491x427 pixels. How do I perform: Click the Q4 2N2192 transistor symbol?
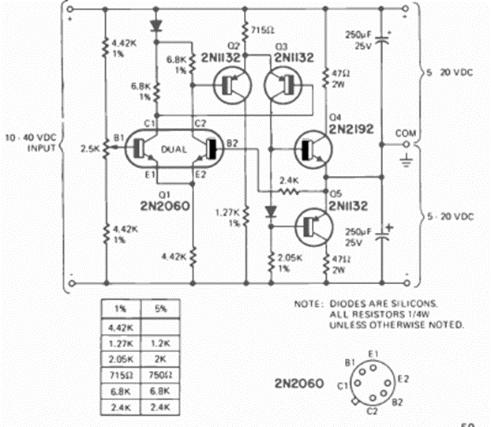pyautogui.click(x=313, y=150)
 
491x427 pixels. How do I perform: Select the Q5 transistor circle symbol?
pyautogui.click(x=314, y=227)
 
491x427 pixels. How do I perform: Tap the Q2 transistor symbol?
pyautogui.click(x=232, y=85)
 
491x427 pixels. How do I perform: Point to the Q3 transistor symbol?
pyautogui.click(x=283, y=85)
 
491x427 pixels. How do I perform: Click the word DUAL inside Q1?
pyautogui.click(x=174, y=150)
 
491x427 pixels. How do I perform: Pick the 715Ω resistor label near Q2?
pyautogui.click(x=262, y=30)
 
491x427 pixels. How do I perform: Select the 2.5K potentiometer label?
pyautogui.click(x=90, y=148)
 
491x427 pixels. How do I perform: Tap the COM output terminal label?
pyautogui.click(x=406, y=133)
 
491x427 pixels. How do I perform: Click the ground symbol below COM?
pyautogui.click(x=406, y=160)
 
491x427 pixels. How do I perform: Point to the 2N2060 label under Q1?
pyautogui.click(x=165, y=206)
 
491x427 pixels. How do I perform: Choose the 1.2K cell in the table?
pyautogui.click(x=160, y=343)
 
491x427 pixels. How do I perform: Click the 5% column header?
pyautogui.click(x=160, y=309)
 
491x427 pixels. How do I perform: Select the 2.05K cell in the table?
pyautogui.click(x=121, y=359)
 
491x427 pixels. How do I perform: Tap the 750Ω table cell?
pyautogui.click(x=160, y=375)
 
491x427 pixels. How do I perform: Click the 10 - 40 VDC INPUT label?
pyautogui.click(x=31, y=142)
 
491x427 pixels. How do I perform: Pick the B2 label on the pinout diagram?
pyautogui.click(x=397, y=402)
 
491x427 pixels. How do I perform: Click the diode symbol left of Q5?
pyautogui.click(x=271, y=212)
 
